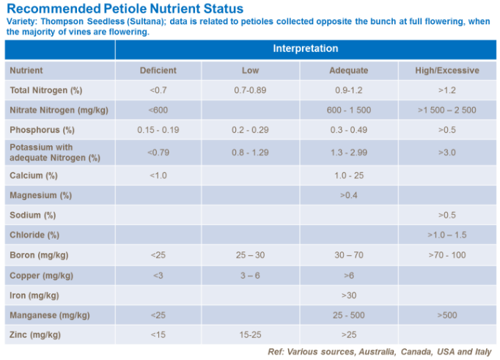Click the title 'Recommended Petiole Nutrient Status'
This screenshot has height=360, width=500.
pos(125,10)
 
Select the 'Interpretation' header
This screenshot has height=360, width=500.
pos(305,49)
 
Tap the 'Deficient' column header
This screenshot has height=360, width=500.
pos(158,70)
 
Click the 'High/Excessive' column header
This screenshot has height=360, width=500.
pos(448,70)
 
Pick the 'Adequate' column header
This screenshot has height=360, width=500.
pos(349,70)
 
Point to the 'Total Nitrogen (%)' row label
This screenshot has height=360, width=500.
pos(45,90)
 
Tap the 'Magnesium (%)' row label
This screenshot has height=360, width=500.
pos(40,196)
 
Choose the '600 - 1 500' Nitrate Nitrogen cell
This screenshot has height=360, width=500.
pos(349,110)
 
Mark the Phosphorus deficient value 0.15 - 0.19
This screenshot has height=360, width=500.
pos(158,130)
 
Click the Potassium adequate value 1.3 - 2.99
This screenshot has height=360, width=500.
pos(349,153)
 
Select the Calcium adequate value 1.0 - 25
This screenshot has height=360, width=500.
pos(349,176)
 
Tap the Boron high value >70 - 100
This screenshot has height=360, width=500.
pos(448,255)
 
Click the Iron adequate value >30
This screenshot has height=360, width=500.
pos(349,295)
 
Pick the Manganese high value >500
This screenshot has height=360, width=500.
pos(448,315)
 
